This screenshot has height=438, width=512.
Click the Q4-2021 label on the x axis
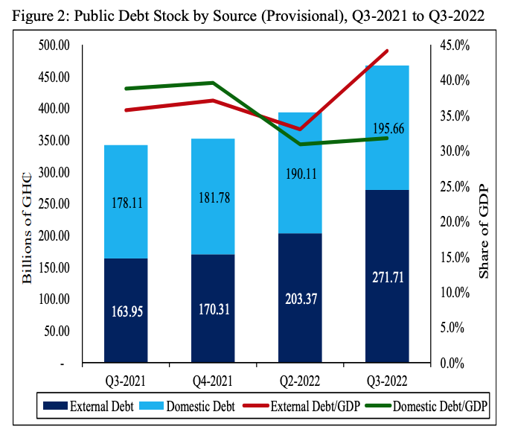(213, 381)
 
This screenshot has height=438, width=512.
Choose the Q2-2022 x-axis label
(300, 381)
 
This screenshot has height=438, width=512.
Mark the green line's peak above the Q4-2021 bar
(213, 83)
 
